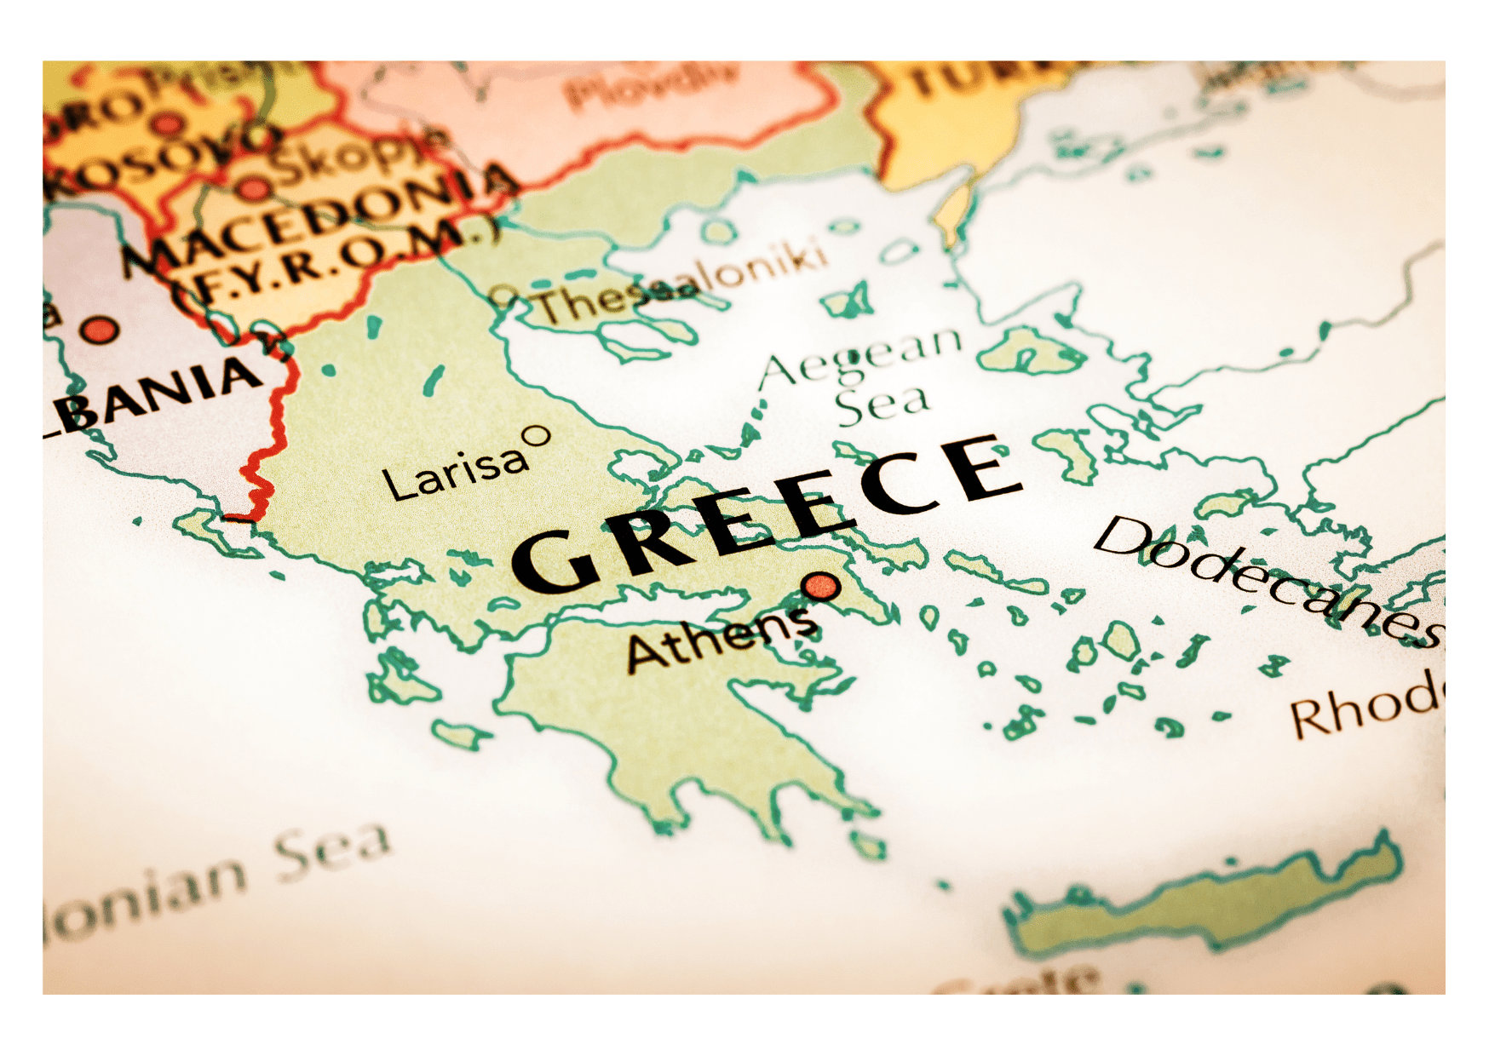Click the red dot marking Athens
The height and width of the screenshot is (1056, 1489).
point(820,586)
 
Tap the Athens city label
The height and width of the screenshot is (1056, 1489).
point(722,638)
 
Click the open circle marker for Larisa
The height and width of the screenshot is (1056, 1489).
point(537,437)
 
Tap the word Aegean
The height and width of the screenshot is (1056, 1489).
point(860,358)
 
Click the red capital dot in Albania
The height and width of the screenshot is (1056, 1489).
point(101,330)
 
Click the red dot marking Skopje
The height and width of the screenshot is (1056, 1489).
point(253,188)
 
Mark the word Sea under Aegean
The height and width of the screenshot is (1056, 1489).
point(882,405)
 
